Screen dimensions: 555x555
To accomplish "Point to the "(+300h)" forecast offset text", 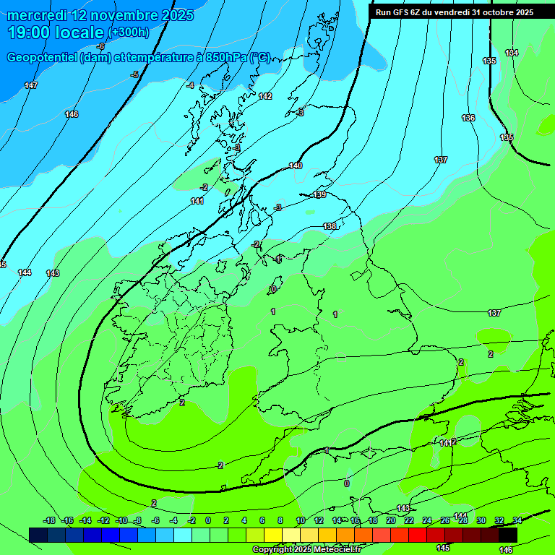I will (x=128, y=33).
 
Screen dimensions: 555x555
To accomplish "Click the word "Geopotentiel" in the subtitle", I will (x=40, y=58).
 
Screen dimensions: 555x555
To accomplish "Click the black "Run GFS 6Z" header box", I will (x=454, y=12).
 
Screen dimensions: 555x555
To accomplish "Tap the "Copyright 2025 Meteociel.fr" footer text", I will (x=306, y=550).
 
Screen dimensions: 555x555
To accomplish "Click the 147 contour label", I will (x=31, y=86).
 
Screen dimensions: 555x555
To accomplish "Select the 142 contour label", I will (x=265, y=96).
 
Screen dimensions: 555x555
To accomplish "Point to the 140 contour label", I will (x=296, y=166).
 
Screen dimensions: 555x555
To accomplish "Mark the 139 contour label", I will (x=320, y=195).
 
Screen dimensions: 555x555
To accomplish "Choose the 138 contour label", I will (x=330, y=227).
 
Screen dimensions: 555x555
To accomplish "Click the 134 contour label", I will (x=512, y=53).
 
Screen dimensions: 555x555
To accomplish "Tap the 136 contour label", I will (x=468, y=118).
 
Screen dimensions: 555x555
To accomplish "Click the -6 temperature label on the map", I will (x=100, y=46).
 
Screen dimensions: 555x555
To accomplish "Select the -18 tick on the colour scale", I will (x=49, y=520).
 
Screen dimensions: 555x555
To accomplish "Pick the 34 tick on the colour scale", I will (x=517, y=520).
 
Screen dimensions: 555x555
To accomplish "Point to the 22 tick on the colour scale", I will (x=408, y=520).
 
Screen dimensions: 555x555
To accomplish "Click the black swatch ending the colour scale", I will (x=508, y=535).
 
